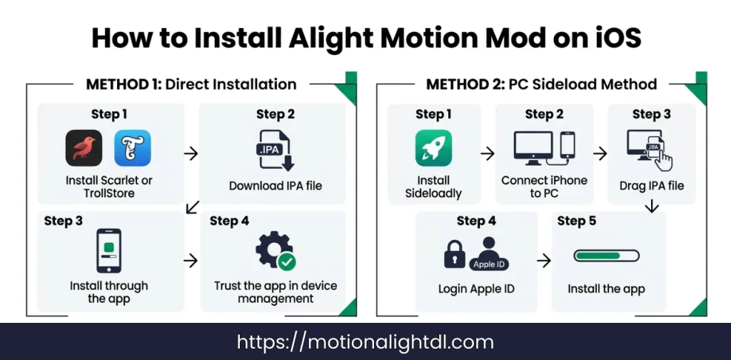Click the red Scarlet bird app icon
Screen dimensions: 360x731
tap(84, 149)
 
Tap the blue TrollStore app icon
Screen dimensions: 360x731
tap(132, 149)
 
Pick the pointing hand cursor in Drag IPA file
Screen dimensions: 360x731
tap(663, 159)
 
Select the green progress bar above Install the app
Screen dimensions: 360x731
tap(606, 256)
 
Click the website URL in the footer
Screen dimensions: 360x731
tap(365, 342)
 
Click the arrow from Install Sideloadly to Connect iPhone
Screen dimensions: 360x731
tap(487, 153)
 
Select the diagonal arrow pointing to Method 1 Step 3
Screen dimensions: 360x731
tap(191, 208)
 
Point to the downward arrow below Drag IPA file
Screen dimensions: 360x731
tap(650, 207)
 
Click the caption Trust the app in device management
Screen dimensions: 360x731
tap(276, 292)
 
